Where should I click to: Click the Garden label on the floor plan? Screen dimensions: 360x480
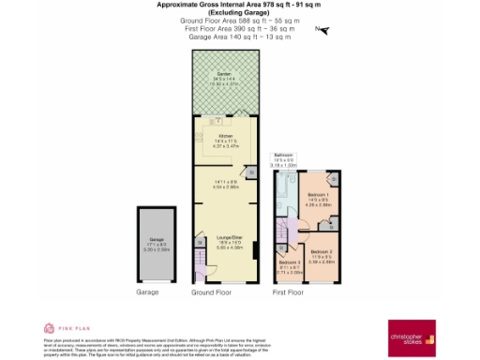(224, 73)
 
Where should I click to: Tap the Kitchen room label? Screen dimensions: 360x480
(225, 136)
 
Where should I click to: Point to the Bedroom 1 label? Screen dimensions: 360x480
(316, 195)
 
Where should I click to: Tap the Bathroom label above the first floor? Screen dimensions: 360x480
(283, 154)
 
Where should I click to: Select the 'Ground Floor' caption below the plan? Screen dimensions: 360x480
(212, 292)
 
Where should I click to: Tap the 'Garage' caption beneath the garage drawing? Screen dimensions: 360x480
(148, 292)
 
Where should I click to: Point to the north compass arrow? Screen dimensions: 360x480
(324, 30)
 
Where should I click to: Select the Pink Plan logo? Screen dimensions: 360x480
(61, 328)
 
